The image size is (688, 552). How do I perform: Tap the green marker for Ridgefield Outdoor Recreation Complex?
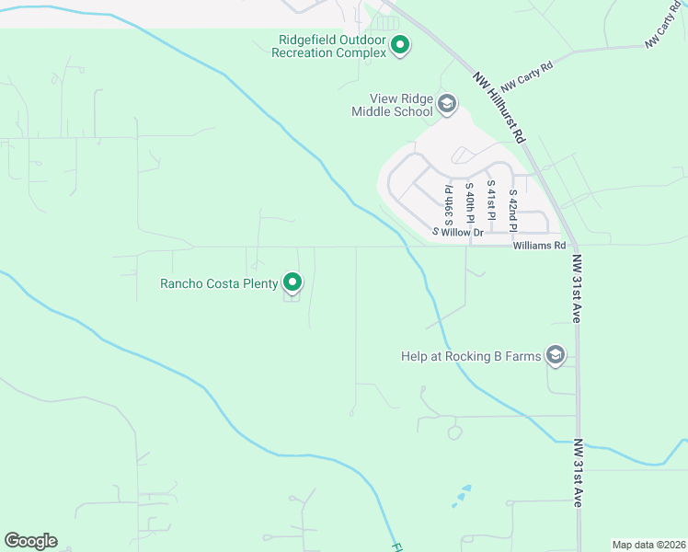tap(400, 44)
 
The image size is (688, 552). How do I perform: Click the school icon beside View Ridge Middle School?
tap(447, 103)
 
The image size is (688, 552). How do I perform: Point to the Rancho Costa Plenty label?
tap(219, 283)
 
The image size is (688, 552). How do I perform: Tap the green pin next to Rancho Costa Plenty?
tap(292, 282)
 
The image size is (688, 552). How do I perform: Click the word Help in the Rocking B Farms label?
tap(416, 356)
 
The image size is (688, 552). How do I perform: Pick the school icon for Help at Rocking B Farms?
tap(555, 354)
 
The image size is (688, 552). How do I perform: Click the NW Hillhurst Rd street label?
tap(499, 107)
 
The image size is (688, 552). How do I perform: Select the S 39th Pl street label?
tap(449, 205)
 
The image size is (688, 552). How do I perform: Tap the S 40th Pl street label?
tap(469, 203)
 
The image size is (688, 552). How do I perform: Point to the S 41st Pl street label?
tap(491, 201)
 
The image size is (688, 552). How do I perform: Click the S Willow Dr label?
tap(459, 233)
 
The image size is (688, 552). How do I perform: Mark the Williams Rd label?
tap(539, 246)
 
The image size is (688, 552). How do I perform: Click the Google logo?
tap(30, 541)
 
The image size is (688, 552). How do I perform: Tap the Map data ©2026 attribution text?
tap(648, 545)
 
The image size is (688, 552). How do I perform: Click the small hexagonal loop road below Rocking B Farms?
tap(453, 431)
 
